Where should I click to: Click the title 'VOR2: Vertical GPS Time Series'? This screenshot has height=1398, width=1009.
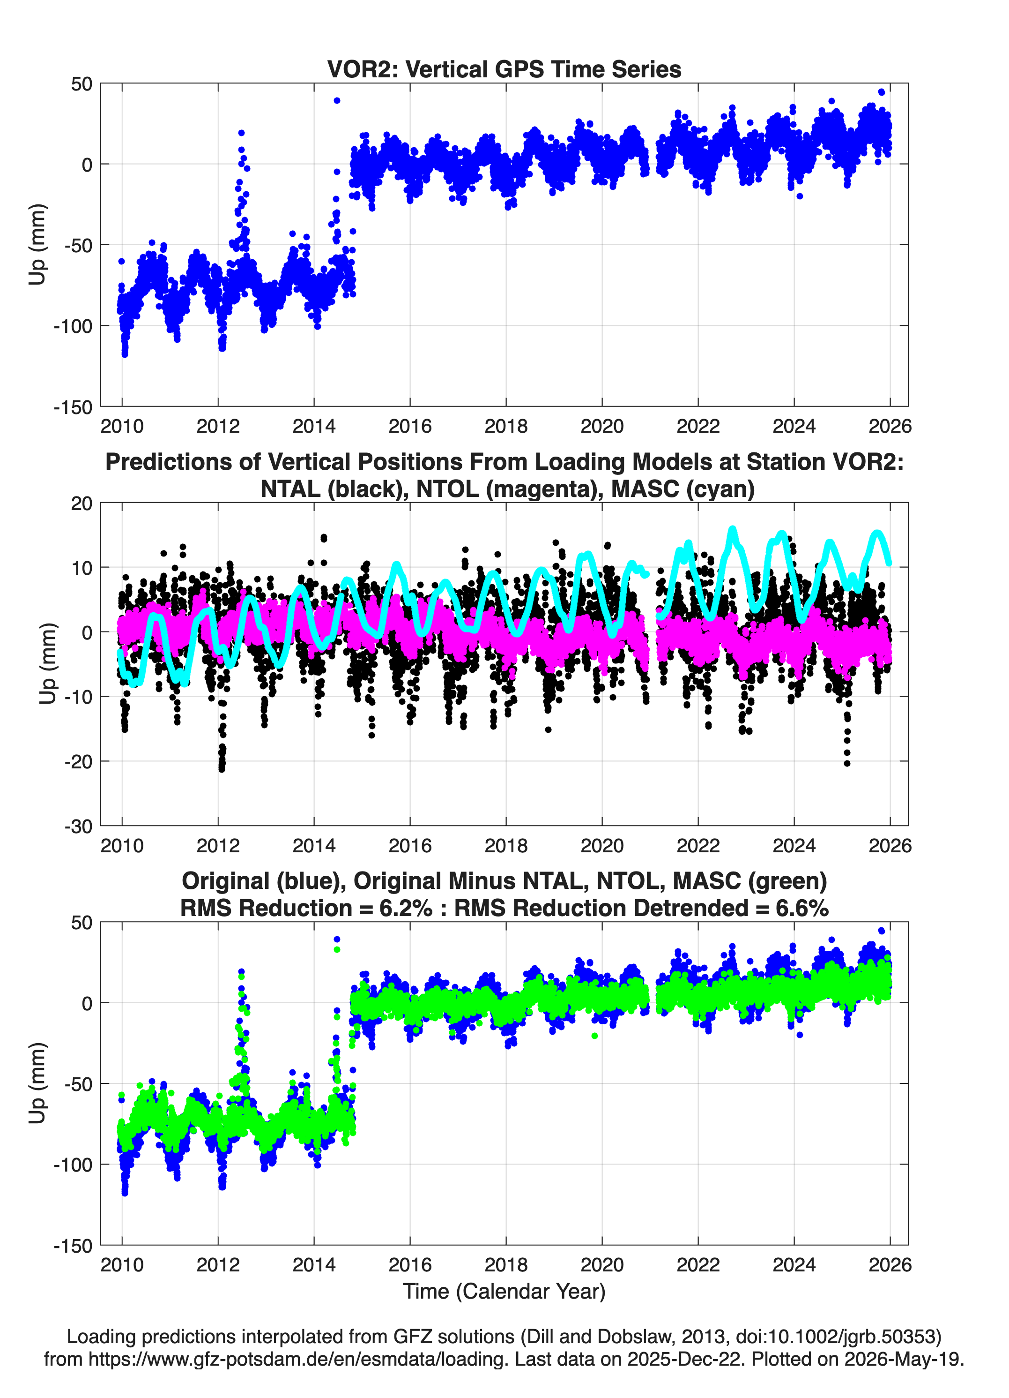504,69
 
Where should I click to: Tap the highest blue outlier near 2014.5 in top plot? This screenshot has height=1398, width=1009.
337,100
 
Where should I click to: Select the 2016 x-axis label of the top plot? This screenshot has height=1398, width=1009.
409,426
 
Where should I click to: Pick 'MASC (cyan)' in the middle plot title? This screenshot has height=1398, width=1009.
683,489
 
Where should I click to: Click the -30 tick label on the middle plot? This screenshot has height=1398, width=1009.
78,827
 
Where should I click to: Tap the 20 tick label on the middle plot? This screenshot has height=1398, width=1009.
82,504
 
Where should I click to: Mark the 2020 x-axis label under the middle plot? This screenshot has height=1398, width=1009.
602,845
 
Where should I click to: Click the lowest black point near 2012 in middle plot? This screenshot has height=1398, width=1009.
222,769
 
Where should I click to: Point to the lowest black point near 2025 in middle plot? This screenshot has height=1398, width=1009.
847,763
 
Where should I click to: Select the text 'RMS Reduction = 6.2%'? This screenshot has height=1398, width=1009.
306,908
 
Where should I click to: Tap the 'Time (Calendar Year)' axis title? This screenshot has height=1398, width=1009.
504,1291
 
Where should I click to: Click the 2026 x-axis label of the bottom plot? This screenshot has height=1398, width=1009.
890,1264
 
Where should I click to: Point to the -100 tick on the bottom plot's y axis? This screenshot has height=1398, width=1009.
73,1165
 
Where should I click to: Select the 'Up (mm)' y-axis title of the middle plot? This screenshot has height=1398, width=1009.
48,664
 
